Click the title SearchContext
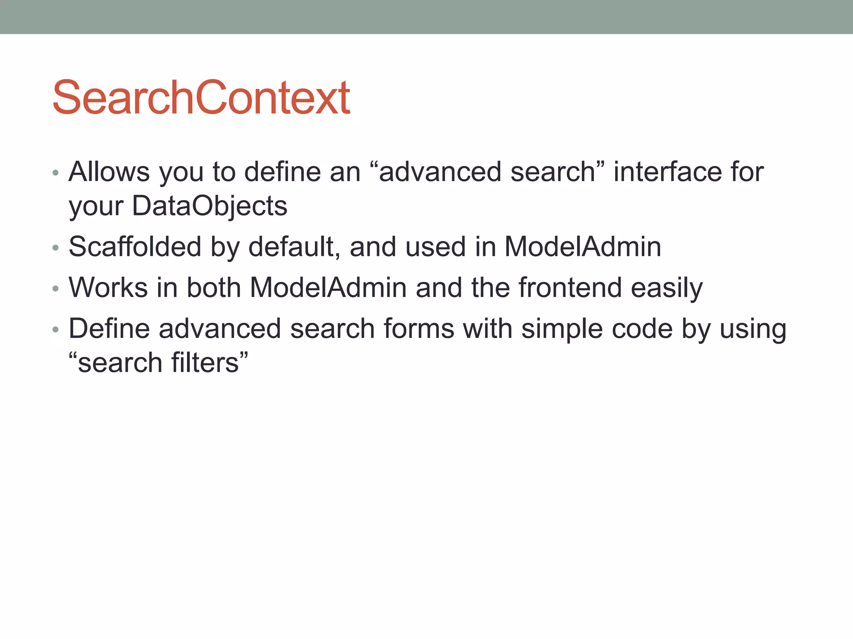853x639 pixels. tap(201, 98)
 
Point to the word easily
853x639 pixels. tap(667, 288)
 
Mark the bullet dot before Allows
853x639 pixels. tap(56, 173)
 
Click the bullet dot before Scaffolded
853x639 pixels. tap(56, 248)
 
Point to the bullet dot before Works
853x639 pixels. tap(56, 289)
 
